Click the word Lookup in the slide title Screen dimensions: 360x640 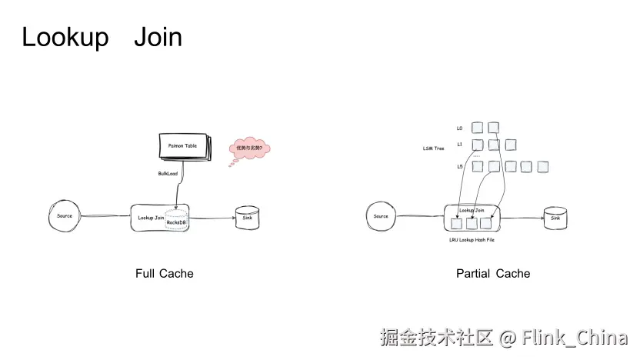click(65, 37)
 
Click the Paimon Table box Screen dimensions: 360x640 click(183, 146)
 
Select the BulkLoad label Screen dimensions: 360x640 click(168, 174)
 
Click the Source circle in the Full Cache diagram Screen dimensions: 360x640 click(65, 216)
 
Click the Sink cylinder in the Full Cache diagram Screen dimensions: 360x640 click(247, 218)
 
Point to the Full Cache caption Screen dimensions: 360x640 click(165, 273)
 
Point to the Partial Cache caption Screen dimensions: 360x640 click(493, 273)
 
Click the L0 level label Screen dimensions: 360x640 click(460, 128)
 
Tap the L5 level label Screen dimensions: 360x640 click(460, 166)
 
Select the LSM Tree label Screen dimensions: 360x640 click(434, 148)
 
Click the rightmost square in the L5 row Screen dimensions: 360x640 click(543, 166)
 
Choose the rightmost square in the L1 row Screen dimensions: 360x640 click(511, 145)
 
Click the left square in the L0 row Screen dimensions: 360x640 click(478, 128)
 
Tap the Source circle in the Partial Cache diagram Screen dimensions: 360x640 click(381, 217)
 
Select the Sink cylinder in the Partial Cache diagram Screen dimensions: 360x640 click(555, 218)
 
